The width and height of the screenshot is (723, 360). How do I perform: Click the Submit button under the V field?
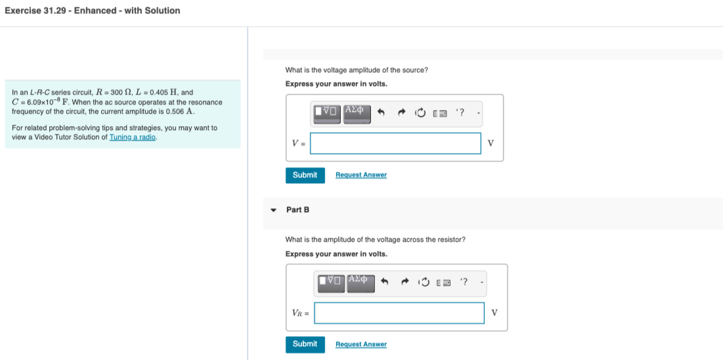pos(305,175)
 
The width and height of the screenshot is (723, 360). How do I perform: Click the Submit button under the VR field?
pos(305,344)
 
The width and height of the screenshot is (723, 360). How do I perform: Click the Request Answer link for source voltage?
pos(361,175)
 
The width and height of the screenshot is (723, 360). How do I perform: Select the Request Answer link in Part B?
pos(361,344)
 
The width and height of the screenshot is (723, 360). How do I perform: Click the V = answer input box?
pos(395,143)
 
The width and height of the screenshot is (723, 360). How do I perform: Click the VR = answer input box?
pos(399,313)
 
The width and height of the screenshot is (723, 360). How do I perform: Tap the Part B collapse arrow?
pos(273,210)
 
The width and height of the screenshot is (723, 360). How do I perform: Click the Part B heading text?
pos(297,210)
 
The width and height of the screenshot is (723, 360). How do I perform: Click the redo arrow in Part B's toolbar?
pos(405,282)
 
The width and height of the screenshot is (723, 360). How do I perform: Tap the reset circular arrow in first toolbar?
pos(420,113)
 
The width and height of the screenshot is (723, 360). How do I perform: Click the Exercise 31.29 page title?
pos(92,11)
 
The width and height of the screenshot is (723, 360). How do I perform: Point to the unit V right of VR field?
pos(494,313)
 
